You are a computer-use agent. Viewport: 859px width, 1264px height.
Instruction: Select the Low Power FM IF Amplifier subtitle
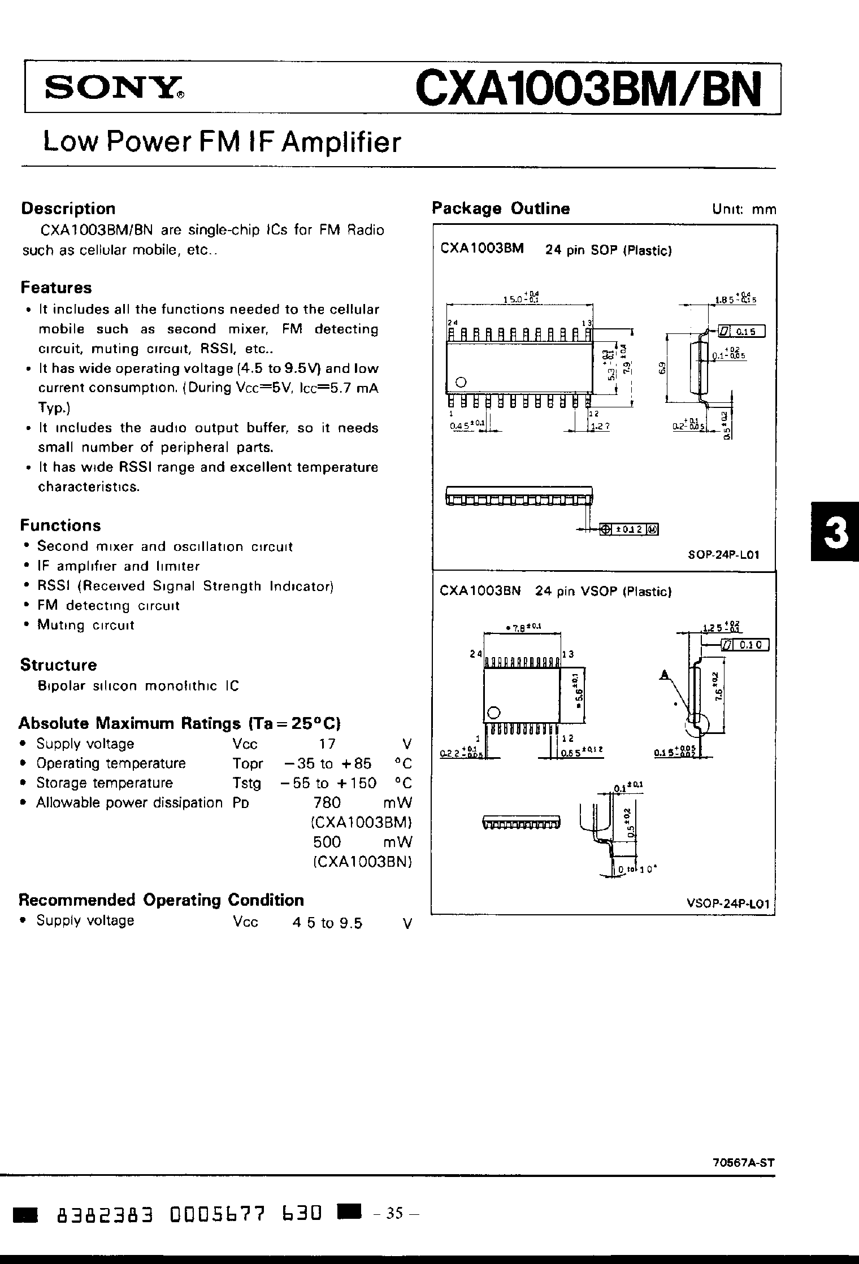[x=222, y=142]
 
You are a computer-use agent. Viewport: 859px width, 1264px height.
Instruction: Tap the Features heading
[x=56, y=288]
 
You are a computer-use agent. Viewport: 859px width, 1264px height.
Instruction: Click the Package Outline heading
[x=501, y=209]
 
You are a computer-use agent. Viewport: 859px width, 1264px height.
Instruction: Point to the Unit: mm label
[x=744, y=210]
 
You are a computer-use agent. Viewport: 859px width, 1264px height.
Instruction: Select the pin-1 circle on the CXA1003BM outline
[x=461, y=382]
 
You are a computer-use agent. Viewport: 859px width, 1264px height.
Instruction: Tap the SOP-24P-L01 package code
[x=723, y=554]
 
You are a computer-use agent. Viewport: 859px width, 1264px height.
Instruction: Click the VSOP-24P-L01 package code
[x=728, y=904]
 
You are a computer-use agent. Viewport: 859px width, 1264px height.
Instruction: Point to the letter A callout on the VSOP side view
[x=665, y=674]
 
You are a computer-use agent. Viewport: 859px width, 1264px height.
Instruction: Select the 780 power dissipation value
[x=327, y=802]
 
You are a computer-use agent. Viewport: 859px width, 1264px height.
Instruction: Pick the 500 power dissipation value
[x=327, y=842]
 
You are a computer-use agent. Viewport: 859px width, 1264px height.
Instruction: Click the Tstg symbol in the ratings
[x=247, y=783]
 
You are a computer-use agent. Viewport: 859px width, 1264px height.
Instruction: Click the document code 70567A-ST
[x=740, y=1163]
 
